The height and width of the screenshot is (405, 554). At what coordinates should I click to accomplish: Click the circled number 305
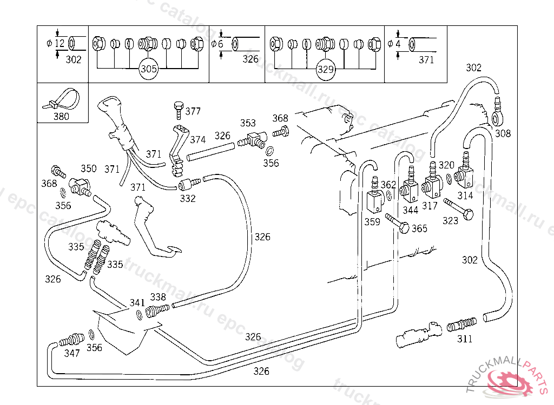tap(149, 69)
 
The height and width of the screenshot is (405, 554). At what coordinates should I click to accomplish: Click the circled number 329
tap(326, 69)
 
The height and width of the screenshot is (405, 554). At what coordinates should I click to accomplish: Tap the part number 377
tap(193, 112)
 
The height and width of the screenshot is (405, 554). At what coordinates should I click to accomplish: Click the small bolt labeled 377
tap(178, 110)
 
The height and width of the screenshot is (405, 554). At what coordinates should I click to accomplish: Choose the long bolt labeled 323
tap(458, 209)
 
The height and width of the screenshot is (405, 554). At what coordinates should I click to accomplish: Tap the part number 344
tap(411, 210)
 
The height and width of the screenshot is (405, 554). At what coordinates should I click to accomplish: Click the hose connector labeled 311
tap(461, 325)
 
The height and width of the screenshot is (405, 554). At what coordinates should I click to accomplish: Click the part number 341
tap(137, 302)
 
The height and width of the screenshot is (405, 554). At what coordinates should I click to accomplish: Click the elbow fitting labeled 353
tap(253, 139)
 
